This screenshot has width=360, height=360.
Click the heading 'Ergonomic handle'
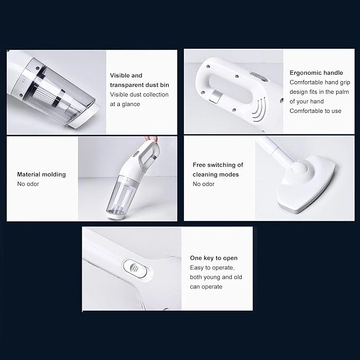pyautogui.click(x=316, y=73)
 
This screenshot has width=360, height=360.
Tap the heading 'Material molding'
pyautogui.click(x=41, y=174)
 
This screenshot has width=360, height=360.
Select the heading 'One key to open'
pyautogui.click(x=214, y=258)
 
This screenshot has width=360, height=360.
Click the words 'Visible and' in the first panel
pyautogui.click(x=126, y=75)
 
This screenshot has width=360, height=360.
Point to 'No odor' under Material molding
pyautogui.click(x=28, y=184)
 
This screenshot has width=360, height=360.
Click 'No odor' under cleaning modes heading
pyautogui.click(x=204, y=184)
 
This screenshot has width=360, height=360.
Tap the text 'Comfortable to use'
pyautogui.click(x=315, y=111)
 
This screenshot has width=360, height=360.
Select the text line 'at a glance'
pyautogui.click(x=125, y=104)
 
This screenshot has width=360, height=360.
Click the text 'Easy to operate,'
pyautogui.click(x=212, y=267)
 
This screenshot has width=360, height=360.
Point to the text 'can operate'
pyautogui.click(x=206, y=286)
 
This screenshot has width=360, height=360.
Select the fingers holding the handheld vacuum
pyautogui.click(x=154, y=140)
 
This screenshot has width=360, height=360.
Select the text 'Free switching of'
pyautogui.click(x=218, y=165)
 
